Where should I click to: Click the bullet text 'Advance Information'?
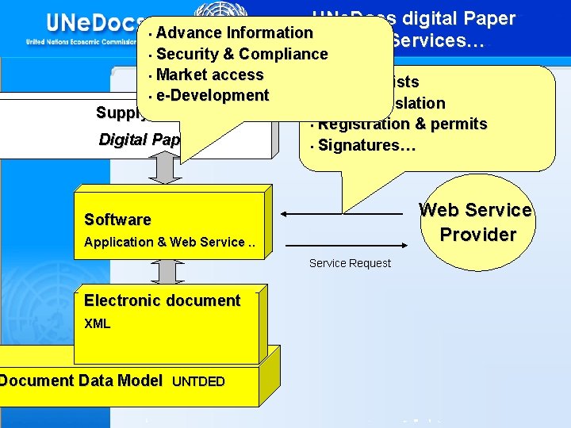click(234, 32)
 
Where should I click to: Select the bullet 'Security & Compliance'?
click(242, 54)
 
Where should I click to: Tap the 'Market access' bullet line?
click(210, 75)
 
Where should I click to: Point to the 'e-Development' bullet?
click(213, 95)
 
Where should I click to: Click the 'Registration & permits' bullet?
click(402, 124)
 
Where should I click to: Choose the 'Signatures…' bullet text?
click(361, 145)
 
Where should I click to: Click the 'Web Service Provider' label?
click(476, 222)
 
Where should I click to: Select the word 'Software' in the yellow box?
click(117, 220)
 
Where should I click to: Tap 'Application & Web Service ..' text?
click(170, 242)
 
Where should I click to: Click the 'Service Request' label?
click(350, 263)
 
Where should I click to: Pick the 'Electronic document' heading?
click(162, 300)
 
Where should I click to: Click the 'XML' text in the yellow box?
click(98, 323)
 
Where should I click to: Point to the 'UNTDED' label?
click(198, 381)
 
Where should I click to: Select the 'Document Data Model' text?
click(81, 380)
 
